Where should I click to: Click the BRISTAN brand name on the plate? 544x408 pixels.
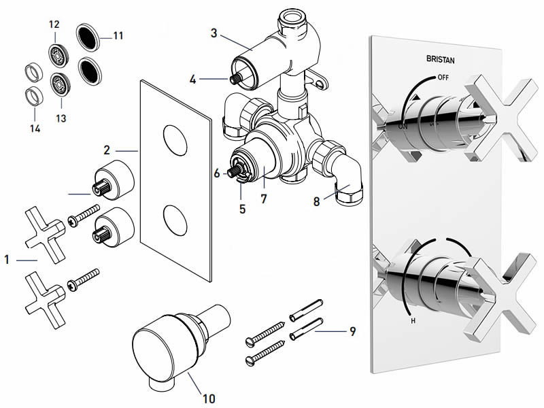tap(443, 60)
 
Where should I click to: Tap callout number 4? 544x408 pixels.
tap(193, 79)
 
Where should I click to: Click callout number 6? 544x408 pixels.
tap(217, 173)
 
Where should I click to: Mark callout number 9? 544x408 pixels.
tap(352, 332)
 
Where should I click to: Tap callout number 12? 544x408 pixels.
tap(54, 24)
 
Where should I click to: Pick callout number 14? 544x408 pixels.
tap(35, 128)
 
